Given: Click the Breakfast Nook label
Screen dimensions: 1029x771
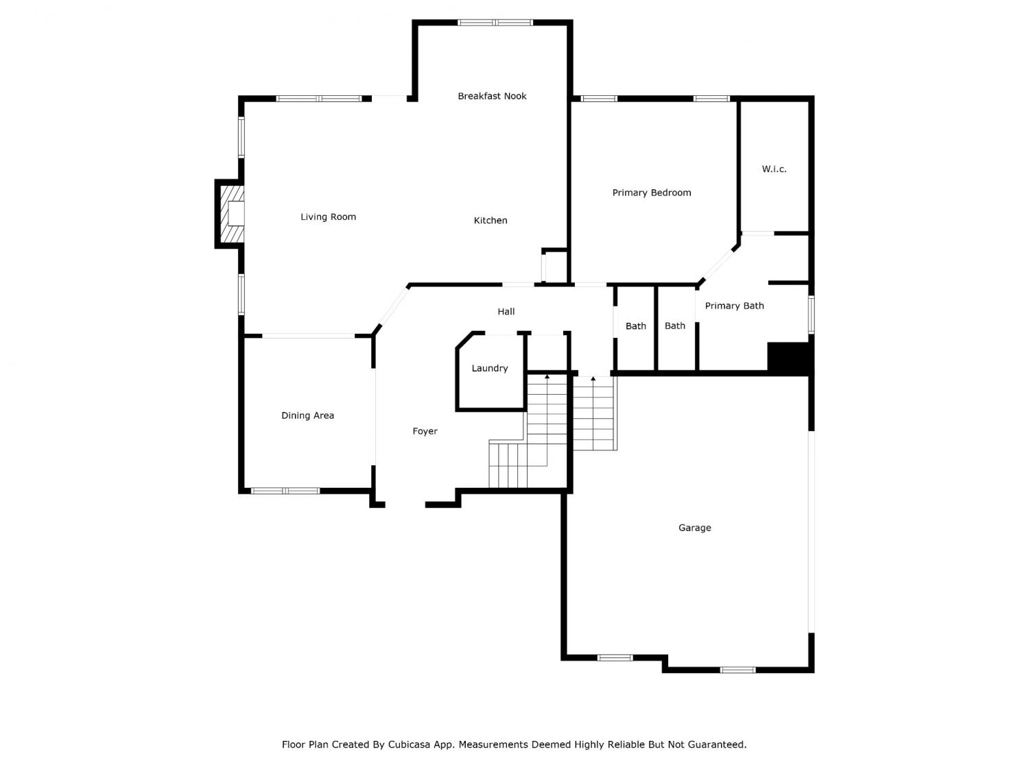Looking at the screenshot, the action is (492, 96).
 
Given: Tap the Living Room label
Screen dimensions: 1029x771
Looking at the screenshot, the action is (328, 217).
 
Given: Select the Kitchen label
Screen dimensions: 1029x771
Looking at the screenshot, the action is (490, 221).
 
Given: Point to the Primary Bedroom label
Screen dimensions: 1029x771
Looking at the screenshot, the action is (652, 193).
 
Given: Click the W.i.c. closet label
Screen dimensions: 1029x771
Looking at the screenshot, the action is (774, 169).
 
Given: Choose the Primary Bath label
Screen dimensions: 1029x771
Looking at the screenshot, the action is (734, 306).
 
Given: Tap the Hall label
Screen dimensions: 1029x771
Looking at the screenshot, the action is (506, 312).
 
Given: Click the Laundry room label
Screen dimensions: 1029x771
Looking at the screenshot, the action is (489, 369).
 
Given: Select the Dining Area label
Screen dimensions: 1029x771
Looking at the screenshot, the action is (307, 416).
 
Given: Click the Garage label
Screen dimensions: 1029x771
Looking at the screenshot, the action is (694, 528).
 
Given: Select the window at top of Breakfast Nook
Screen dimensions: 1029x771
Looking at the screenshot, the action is (495, 23).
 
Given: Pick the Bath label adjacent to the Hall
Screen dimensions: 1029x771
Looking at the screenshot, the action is (636, 326).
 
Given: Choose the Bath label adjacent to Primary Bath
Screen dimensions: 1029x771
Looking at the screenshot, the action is (674, 326).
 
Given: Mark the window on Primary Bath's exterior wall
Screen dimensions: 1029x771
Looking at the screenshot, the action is (812, 314).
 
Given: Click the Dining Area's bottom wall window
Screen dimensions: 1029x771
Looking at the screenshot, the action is (285, 491).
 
